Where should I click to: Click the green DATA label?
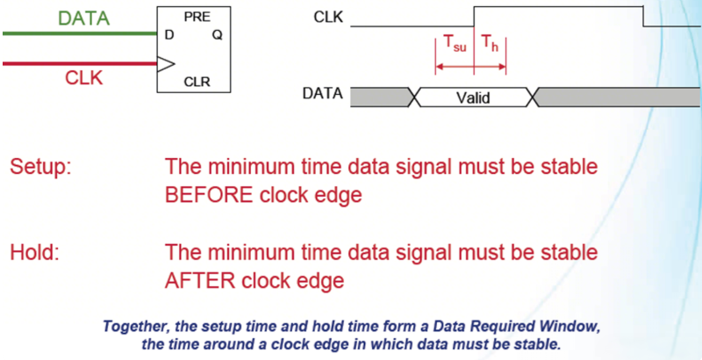84,18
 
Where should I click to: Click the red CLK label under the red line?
83,78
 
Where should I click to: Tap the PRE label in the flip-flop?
197,18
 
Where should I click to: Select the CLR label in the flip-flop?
197,82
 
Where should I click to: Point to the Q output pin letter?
217,35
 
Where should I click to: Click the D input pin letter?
169,35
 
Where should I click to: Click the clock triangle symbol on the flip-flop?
165,64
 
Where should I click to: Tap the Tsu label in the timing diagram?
455,44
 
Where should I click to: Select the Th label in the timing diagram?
489,43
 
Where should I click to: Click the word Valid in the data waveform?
473,97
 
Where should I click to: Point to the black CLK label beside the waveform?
328,18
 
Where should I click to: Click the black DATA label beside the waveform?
323,94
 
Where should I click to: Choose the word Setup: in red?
40,168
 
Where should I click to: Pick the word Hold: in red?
34,252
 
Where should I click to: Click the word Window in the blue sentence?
571,326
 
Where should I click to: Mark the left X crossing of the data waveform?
415,97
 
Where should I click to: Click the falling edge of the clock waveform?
643,16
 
